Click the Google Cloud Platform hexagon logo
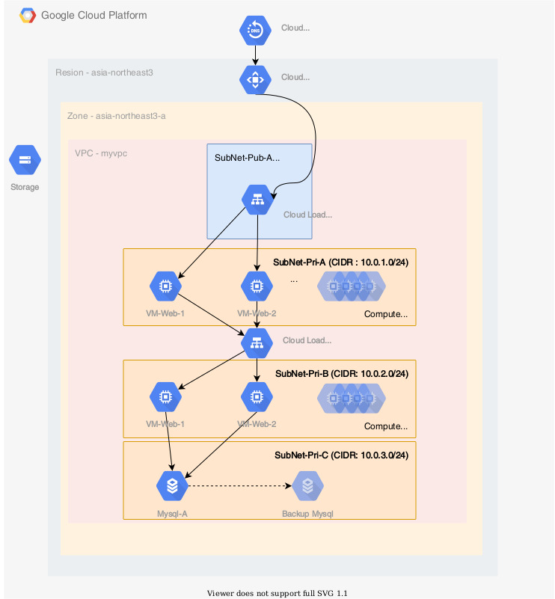(x=28, y=16)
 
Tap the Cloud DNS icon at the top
(x=255, y=29)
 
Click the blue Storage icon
(x=25, y=160)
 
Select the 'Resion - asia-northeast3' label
(x=104, y=73)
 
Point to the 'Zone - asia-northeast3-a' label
(x=116, y=116)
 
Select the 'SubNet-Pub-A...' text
(x=247, y=158)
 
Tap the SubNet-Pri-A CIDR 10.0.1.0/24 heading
(x=340, y=262)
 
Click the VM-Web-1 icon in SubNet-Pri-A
(x=165, y=286)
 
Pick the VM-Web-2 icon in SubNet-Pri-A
(x=257, y=286)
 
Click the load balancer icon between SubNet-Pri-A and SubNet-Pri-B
(x=257, y=342)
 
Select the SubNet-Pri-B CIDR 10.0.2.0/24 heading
(x=341, y=373)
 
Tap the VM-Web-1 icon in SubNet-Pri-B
(x=165, y=397)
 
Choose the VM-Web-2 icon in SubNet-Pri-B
(x=257, y=397)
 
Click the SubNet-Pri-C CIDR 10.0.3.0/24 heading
(x=341, y=455)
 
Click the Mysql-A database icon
(x=172, y=486)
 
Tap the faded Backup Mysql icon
(x=307, y=486)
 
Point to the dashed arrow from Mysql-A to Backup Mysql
(x=239, y=486)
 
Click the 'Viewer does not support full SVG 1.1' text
(x=277, y=593)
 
